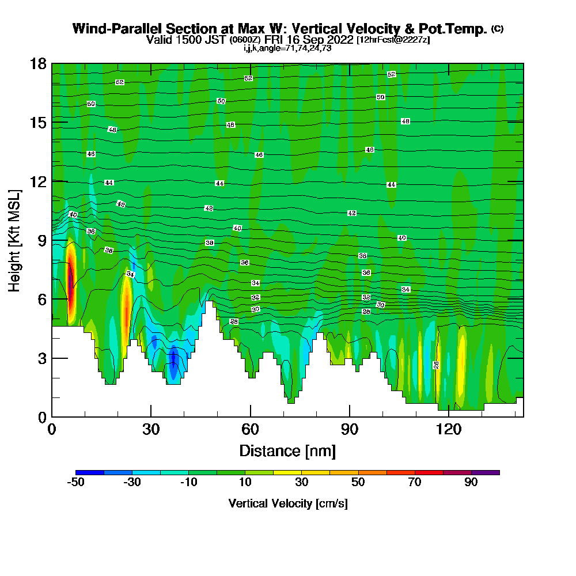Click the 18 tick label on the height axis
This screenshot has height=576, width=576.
[x=38, y=63]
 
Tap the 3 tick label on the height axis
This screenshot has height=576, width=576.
[x=42, y=358]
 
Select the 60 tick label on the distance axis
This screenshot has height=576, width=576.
[x=250, y=430]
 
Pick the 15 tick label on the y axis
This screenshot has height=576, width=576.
[x=38, y=122]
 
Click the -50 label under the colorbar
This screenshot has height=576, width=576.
[x=76, y=483]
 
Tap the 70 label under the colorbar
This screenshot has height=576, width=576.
[x=415, y=483]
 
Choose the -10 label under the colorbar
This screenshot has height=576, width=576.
[x=189, y=483]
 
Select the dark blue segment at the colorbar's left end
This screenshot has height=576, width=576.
[x=90, y=472]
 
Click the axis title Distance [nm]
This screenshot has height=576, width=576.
[x=287, y=450]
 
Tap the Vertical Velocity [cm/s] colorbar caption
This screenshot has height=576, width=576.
[x=287, y=503]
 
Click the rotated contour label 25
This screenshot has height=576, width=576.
[x=436, y=365]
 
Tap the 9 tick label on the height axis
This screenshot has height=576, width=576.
[x=42, y=240]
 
